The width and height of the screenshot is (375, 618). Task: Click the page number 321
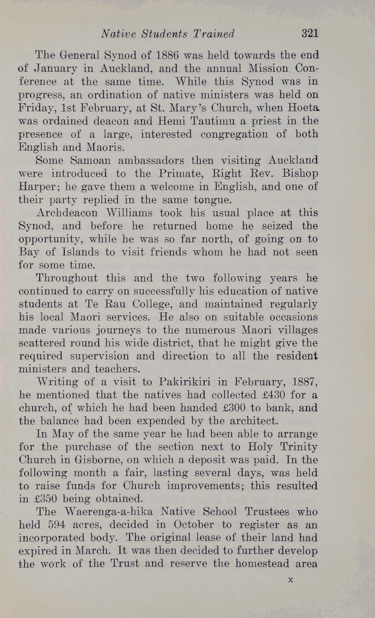310,34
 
